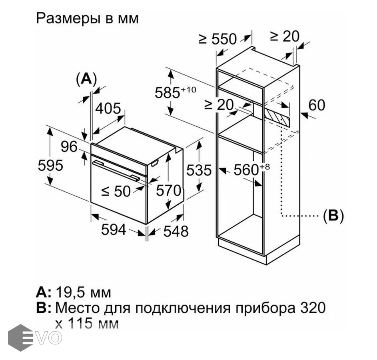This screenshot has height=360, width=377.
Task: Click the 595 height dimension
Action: pos(50,166)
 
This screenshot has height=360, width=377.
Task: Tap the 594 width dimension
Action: pos(114,230)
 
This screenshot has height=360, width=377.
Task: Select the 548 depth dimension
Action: pos(176,231)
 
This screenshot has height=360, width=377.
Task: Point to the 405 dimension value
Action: pos(108,108)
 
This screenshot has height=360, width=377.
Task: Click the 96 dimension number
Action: pos(69,146)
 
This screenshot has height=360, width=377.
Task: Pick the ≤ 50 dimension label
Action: pos(116,191)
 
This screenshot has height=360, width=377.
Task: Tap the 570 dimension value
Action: pos(169,190)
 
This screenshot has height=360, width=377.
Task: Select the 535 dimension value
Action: pos(199,170)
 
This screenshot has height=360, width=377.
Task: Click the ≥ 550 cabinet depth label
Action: pos(218,39)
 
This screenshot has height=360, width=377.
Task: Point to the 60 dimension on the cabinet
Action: pos(317,105)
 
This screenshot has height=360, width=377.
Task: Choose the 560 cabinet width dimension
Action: pos(252,169)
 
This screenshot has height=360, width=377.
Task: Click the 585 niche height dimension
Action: pos(176,92)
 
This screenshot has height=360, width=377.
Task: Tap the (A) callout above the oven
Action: pos(86,78)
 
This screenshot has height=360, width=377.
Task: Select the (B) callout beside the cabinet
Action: pos(333,216)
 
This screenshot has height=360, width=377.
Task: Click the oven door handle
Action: pos(116,170)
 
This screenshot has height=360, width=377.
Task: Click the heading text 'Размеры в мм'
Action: pos(88,18)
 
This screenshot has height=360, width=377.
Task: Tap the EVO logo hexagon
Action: pos(20,338)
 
